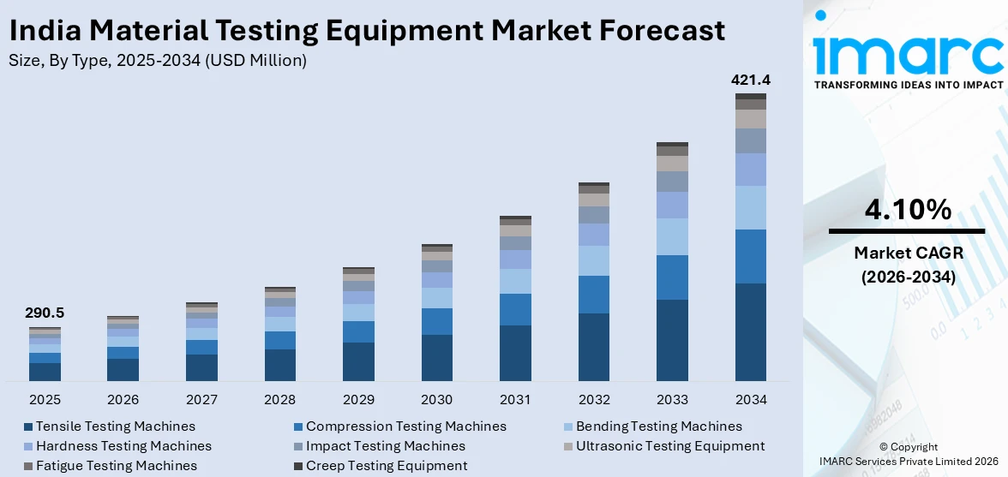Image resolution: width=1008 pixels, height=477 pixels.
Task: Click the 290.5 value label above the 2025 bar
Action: (45, 313)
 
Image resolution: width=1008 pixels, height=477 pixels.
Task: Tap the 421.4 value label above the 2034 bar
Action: (751, 80)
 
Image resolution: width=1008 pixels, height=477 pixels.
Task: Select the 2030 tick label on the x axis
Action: (437, 400)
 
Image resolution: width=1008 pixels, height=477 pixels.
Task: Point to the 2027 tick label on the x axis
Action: (201, 400)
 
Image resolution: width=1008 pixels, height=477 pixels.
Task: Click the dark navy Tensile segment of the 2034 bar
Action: (751, 331)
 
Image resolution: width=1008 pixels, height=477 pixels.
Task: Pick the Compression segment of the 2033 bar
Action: (672, 277)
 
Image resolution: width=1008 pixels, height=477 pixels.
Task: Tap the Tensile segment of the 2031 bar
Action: (515, 353)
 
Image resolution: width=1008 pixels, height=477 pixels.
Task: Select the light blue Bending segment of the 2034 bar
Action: (751, 207)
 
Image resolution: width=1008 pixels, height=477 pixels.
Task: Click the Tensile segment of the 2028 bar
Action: (280, 365)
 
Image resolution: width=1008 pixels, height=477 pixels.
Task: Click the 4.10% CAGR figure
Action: (908, 210)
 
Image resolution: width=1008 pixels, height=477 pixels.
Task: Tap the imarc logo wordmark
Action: (908, 53)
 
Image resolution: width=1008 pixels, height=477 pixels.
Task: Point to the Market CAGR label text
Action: (908, 253)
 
